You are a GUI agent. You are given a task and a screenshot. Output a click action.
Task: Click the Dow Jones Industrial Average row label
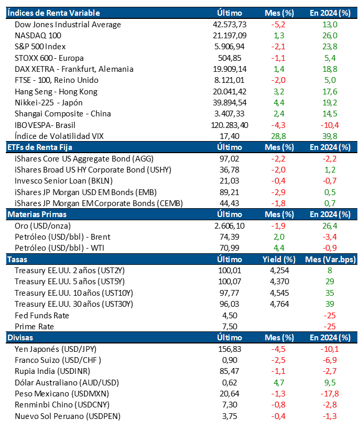click(x=68, y=25)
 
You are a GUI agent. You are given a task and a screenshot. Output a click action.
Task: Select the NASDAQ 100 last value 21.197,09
click(x=230, y=36)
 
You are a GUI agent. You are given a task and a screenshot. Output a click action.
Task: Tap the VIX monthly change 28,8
click(x=278, y=136)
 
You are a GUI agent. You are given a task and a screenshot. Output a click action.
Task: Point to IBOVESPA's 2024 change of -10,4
click(x=330, y=125)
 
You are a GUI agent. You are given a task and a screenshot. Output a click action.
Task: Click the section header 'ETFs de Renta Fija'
click(x=40, y=147)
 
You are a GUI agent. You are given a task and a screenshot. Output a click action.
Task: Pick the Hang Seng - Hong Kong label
click(x=56, y=92)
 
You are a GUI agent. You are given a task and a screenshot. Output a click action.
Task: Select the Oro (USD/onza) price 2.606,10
click(x=230, y=226)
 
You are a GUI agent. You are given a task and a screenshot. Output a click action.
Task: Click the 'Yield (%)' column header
click(x=279, y=260)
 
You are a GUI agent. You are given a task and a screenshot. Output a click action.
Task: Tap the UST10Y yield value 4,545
click(x=279, y=293)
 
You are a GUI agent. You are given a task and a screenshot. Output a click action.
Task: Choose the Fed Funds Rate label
click(x=42, y=316)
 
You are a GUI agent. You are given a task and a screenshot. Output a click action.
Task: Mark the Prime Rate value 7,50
click(x=230, y=327)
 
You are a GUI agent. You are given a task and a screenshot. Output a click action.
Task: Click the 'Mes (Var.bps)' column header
click(x=331, y=260)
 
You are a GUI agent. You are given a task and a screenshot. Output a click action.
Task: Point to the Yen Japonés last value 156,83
click(x=230, y=349)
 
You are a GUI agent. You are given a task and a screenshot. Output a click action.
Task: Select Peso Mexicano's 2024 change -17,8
click(x=330, y=394)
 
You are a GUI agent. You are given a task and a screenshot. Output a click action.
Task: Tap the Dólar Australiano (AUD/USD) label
click(x=67, y=383)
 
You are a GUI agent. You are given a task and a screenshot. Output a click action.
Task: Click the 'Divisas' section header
click(x=20, y=338)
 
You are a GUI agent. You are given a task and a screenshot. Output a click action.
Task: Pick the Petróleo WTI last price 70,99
click(x=230, y=248)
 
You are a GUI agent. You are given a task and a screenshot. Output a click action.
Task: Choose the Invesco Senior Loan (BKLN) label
click(x=63, y=181)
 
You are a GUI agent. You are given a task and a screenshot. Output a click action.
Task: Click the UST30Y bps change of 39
click(x=330, y=304)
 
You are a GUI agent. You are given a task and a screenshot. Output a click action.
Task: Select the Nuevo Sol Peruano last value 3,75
click(x=230, y=416)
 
